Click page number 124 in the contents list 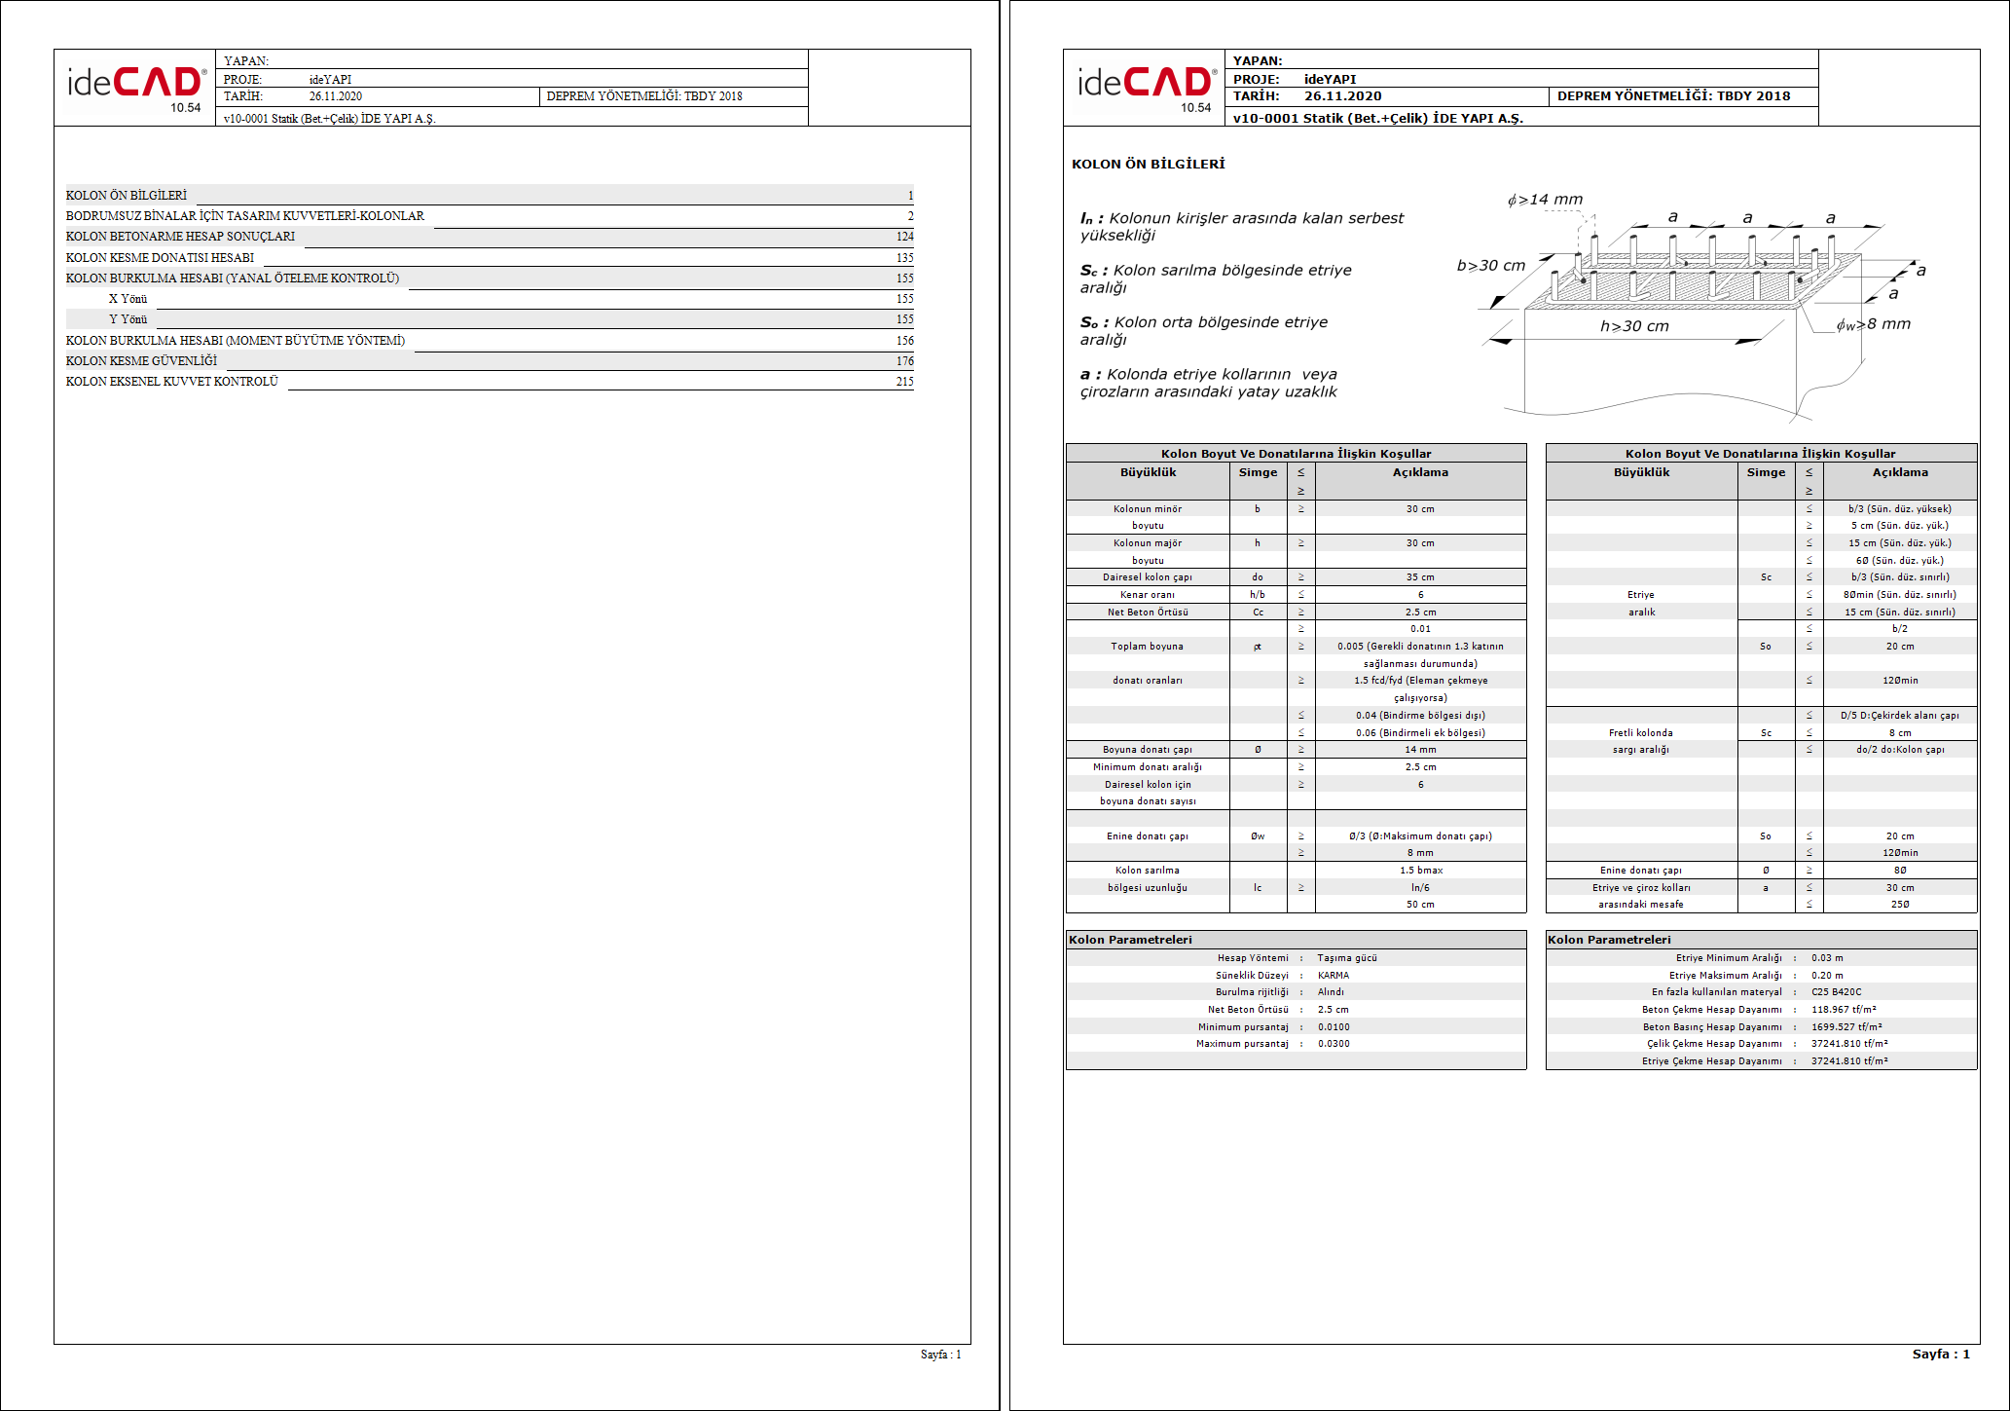(904, 237)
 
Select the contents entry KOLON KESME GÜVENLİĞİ (142, 361)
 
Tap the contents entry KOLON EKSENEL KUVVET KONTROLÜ (172, 382)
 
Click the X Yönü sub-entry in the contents (128, 299)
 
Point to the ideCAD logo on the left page (135, 85)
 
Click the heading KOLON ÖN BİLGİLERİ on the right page (1148, 164)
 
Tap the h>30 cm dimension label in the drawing (1634, 326)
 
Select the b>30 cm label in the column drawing (1490, 266)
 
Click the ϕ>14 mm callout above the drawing (1545, 200)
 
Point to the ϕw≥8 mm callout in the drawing (1873, 324)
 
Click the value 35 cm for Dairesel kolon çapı (1420, 577)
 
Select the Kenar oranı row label (1148, 595)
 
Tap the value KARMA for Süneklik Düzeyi (1334, 975)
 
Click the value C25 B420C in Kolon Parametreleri (1836, 992)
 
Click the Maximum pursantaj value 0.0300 (1334, 1044)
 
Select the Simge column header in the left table (1258, 472)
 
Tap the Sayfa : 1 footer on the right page (1940, 1354)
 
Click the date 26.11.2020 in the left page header (335, 96)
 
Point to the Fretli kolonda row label (1641, 732)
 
